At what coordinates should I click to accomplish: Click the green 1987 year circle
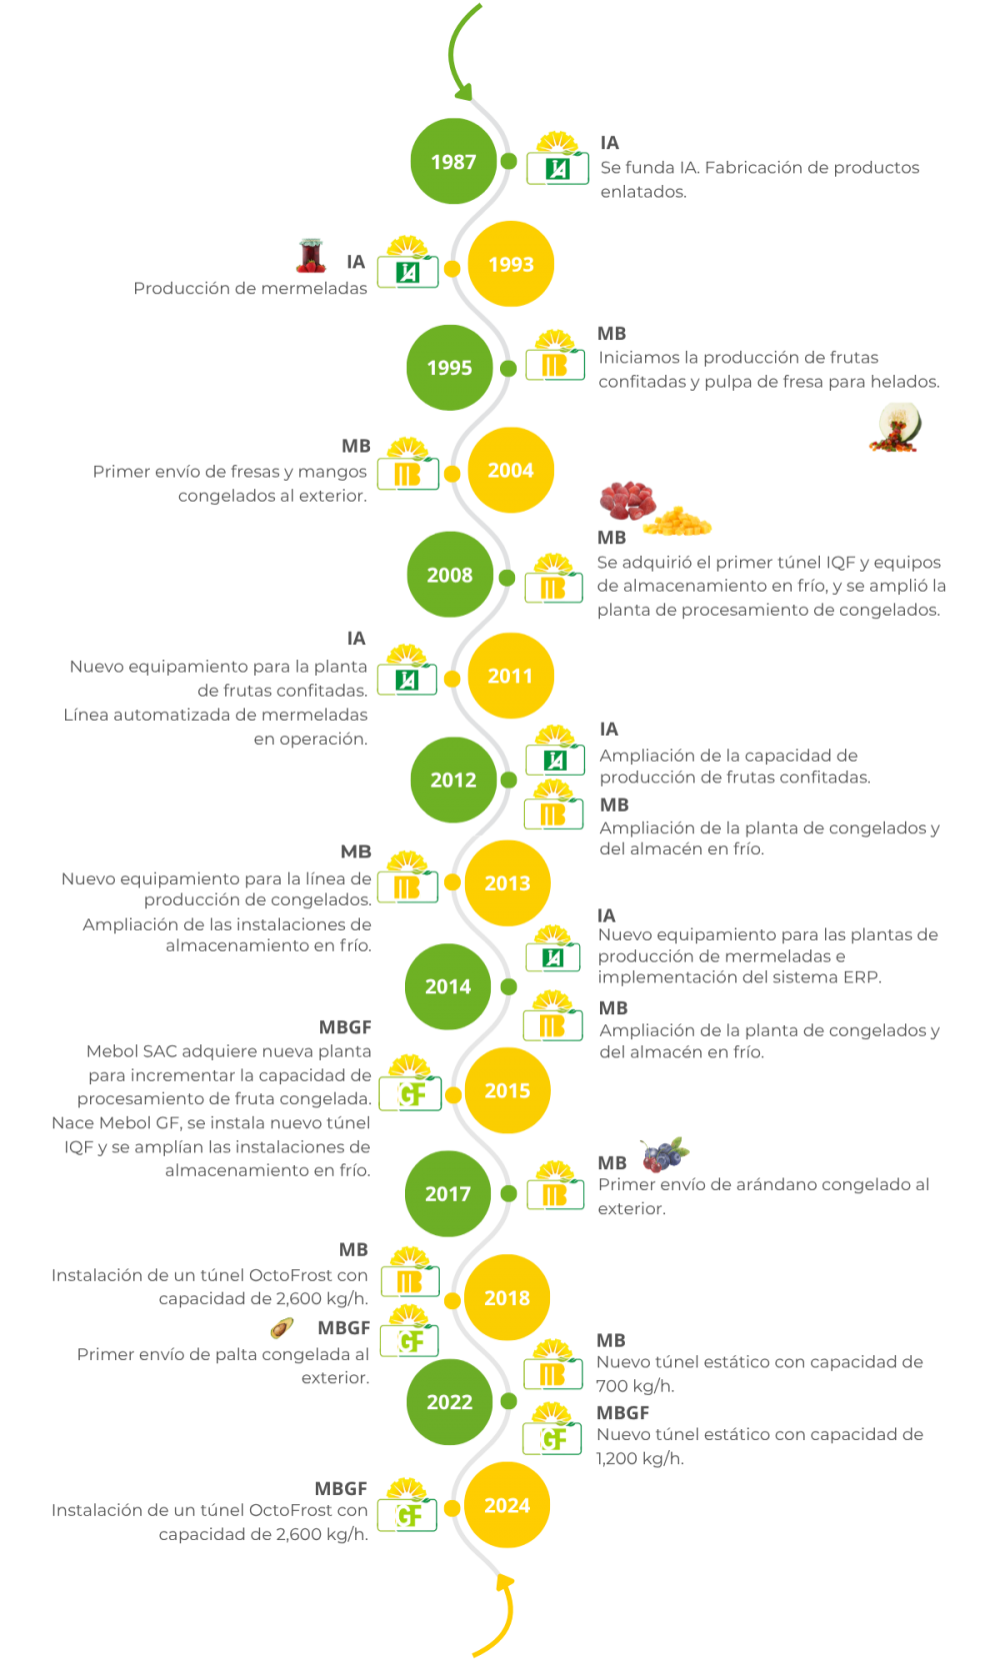tap(453, 162)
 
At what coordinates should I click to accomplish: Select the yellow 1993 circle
tap(511, 265)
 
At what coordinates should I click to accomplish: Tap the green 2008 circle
tap(450, 575)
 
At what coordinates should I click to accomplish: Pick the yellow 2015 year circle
tap(507, 1090)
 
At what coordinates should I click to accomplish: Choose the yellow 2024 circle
tap(507, 1505)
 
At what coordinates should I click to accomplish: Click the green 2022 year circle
tap(449, 1402)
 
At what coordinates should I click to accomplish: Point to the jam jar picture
tap(311, 256)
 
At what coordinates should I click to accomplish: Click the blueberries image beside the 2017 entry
tap(665, 1154)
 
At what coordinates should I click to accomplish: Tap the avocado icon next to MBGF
tap(282, 1327)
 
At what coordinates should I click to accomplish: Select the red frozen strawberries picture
tap(627, 499)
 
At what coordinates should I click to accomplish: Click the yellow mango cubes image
tap(679, 521)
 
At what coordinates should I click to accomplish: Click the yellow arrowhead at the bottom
tap(506, 1581)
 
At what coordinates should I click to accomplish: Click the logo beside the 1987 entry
tap(557, 160)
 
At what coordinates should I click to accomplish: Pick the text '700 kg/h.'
tap(635, 1386)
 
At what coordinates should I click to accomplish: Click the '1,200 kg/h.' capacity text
tap(640, 1458)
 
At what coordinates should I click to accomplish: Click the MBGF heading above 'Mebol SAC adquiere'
tap(345, 1027)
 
